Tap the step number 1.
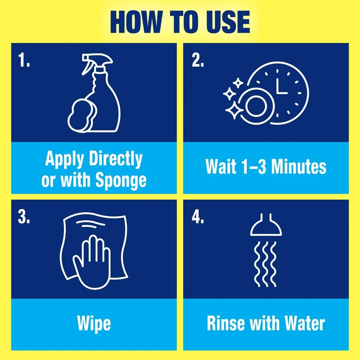25,61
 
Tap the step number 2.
198,61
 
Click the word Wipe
94,324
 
